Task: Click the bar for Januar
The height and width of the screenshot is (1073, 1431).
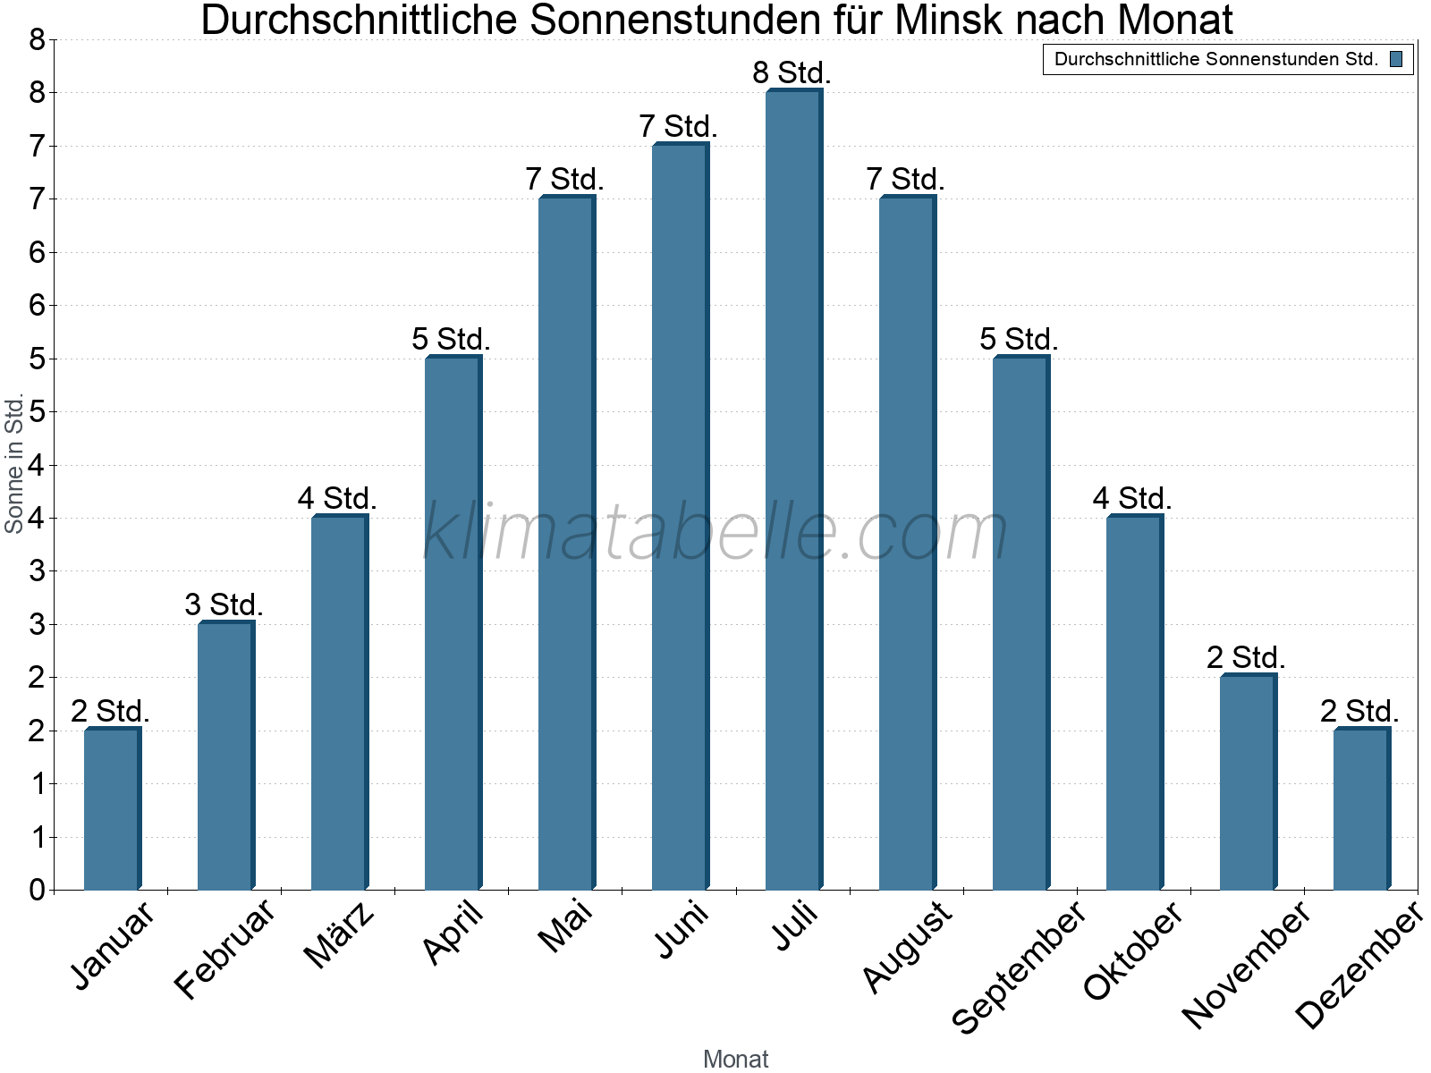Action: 112,809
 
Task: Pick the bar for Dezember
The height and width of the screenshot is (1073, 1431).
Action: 1361,809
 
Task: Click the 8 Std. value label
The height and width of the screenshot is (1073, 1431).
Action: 792,73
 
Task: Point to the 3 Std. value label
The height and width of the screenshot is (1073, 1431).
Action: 224,605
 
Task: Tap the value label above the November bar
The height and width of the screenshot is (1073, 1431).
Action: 1246,658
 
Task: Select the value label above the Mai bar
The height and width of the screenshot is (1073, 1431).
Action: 565,180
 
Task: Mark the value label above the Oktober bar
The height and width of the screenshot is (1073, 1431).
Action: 1132,499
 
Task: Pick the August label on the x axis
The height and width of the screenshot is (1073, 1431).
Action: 908,946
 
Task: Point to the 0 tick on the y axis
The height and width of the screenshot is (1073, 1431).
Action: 37,890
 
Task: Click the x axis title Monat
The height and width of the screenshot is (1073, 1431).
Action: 735,1059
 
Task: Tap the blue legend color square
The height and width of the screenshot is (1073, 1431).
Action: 1396,60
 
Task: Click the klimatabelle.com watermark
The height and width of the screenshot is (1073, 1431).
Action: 715,532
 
